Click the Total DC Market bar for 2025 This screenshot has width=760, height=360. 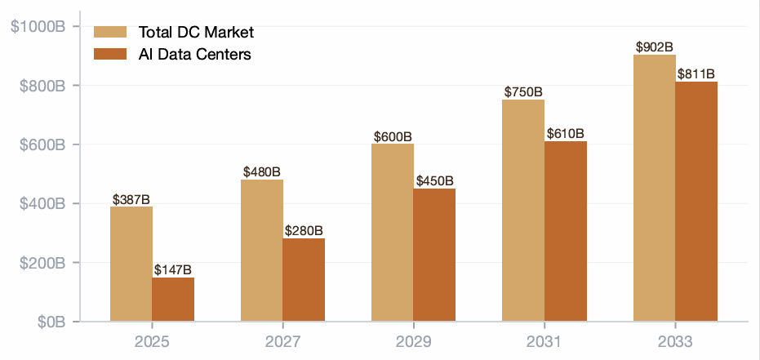coord(131,264)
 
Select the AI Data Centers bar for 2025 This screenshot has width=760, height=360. coord(173,300)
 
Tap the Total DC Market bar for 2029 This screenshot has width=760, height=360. coord(393,233)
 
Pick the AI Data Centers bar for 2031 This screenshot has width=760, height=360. coord(566,231)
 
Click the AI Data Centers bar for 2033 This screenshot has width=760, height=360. coord(696,202)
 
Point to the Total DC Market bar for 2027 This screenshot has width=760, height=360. coord(262,251)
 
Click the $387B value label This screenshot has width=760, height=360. coord(131,200)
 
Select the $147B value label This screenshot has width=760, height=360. coord(173,270)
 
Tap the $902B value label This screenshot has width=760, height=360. coord(655,47)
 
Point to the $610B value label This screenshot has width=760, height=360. coord(566,134)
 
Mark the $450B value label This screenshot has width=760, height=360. coord(435,181)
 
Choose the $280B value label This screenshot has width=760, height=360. coord(304,231)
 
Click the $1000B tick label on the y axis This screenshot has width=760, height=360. coord(38,27)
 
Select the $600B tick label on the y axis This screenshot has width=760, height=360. coord(42,144)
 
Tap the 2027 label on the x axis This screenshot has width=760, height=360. coord(283,342)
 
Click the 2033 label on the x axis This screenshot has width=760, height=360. coord(676,342)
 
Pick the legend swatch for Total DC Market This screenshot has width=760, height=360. coord(110,32)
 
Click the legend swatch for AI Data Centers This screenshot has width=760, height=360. coord(110,54)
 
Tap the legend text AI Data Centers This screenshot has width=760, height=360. coord(195,54)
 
